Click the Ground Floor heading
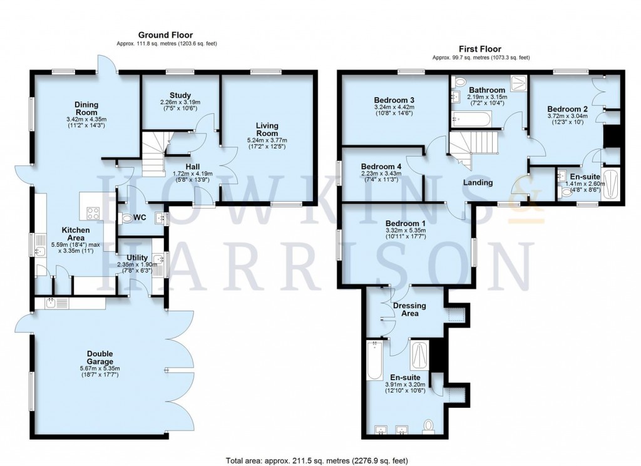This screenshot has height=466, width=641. [165, 35]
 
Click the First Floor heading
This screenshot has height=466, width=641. [480, 49]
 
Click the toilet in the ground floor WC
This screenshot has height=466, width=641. [129, 218]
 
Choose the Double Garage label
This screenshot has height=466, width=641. [100, 358]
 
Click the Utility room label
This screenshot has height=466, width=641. [136, 257]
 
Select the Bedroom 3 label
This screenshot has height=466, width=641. [394, 100]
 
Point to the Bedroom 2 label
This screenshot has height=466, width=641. [567, 108]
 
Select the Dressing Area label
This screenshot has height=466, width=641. [409, 309]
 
